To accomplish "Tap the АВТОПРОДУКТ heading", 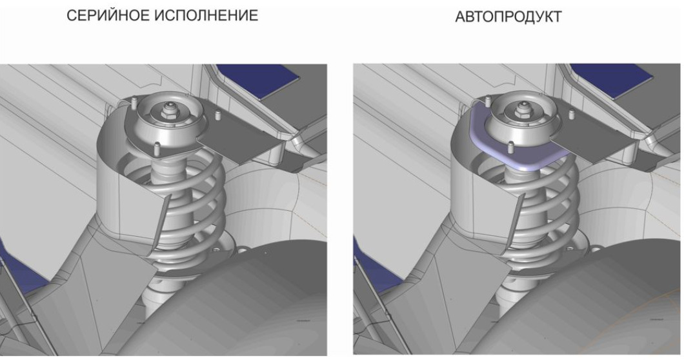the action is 508,17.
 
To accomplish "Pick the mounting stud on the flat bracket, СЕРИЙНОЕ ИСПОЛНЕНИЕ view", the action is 217,116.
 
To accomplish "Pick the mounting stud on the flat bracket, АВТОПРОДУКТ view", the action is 570,116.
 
